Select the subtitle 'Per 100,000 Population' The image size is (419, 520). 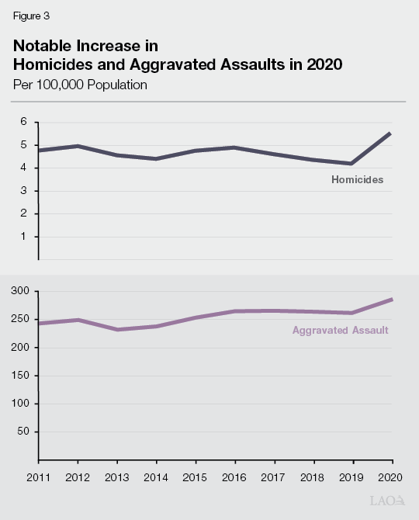pos(80,84)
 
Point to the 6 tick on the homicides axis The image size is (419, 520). pos(24,122)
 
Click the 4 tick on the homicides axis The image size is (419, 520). pos(24,168)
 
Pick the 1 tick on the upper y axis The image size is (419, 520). pos(24,237)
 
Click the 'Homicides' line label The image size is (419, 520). pos(358,180)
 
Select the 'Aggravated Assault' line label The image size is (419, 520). pos(341,330)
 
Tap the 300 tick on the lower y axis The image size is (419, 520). pos(20,291)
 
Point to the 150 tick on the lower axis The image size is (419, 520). pos(20,376)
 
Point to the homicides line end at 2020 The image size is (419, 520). pos(390,133)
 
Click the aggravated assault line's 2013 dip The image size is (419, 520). pos(117,330)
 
